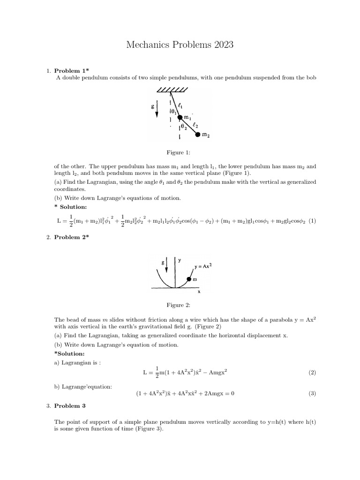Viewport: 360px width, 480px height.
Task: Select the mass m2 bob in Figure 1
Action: pyautogui.click(x=198, y=135)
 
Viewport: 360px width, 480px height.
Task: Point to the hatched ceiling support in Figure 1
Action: pyautogui.click(x=172, y=90)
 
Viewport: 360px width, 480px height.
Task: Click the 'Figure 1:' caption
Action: pyautogui.click(x=180, y=152)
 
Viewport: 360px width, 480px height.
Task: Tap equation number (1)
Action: pyautogui.click(x=312, y=220)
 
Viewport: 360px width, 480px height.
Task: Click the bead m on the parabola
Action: pyautogui.click(x=189, y=280)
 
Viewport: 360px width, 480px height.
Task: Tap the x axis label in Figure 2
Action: pyautogui.click(x=199, y=291)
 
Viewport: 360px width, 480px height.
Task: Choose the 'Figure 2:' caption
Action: pyautogui.click(x=180, y=305)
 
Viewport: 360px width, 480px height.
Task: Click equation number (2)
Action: pyautogui.click(x=312, y=373)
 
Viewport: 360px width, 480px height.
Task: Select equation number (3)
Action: pyautogui.click(x=312, y=394)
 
